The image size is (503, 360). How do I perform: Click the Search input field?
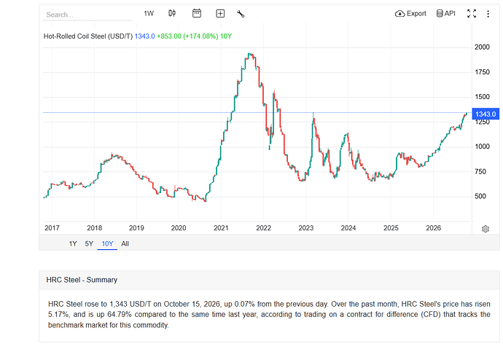pyautogui.click(x=87, y=15)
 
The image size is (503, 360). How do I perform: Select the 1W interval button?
pyautogui.click(x=149, y=13)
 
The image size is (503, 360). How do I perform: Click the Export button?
pyautogui.click(x=410, y=13)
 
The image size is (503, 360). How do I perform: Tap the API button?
pyautogui.click(x=445, y=13)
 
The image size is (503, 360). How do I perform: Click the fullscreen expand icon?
pyautogui.click(x=471, y=13)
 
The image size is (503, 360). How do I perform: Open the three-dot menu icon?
pyautogui.click(x=488, y=14)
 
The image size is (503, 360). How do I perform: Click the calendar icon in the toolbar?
pyautogui.click(x=197, y=13)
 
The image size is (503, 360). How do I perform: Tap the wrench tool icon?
pyautogui.click(x=241, y=14)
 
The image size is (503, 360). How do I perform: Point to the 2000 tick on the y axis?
pyautogui.click(x=482, y=47)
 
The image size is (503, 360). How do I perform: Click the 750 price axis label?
pyautogui.click(x=480, y=171)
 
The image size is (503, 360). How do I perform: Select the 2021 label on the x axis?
pyautogui.click(x=221, y=228)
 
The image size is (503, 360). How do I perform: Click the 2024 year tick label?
pyautogui.click(x=348, y=228)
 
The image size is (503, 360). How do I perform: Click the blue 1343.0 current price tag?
pyautogui.click(x=486, y=114)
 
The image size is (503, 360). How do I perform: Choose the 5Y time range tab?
pyautogui.click(x=89, y=243)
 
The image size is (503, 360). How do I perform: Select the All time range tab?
pyautogui.click(x=125, y=243)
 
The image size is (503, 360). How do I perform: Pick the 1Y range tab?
pyautogui.click(x=73, y=243)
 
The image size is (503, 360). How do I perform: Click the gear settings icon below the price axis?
pyautogui.click(x=486, y=229)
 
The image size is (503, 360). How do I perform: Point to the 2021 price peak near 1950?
pyautogui.click(x=250, y=53)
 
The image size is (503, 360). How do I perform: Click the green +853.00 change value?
pyautogui.click(x=169, y=36)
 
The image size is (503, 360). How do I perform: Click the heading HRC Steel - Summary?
pyautogui.click(x=82, y=280)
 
